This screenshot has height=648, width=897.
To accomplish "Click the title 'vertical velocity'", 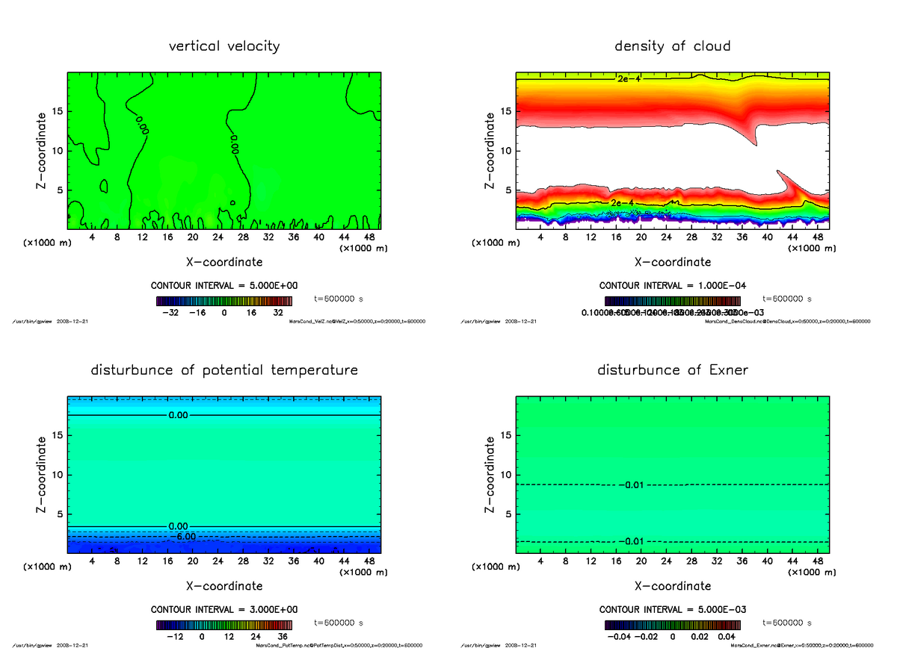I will [x=224, y=46].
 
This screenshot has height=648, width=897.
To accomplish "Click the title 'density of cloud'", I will [x=672, y=46].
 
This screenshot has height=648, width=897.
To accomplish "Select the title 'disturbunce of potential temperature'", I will [x=224, y=370].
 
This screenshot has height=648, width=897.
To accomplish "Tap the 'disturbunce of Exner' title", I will [x=672, y=370].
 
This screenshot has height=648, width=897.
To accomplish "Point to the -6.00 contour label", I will [x=182, y=536].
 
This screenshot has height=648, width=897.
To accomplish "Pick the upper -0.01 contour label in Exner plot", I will [x=631, y=485].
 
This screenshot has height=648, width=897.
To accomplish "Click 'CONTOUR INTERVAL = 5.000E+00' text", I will [x=224, y=286].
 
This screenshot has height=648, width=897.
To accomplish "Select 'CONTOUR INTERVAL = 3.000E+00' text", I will [x=224, y=609].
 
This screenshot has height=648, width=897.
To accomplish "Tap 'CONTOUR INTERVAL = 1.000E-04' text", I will [x=673, y=286].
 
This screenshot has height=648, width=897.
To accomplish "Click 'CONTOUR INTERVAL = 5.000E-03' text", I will [x=673, y=609].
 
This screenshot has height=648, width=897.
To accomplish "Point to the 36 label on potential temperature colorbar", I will [x=283, y=637].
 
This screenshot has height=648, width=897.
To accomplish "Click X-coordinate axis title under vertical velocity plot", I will [x=224, y=262].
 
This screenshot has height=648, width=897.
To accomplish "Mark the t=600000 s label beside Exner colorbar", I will [x=786, y=622].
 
